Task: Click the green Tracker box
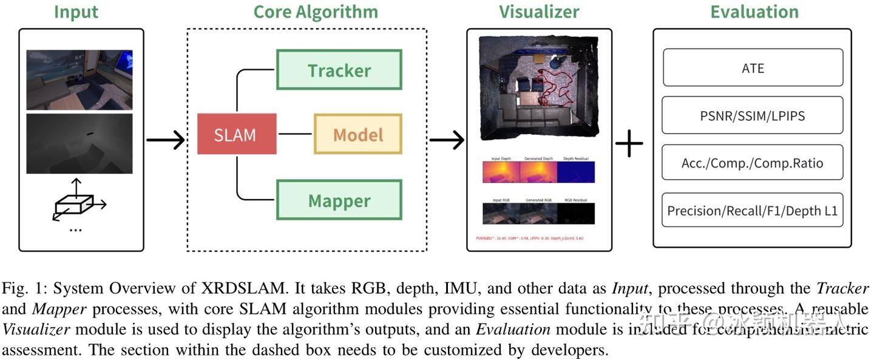pyautogui.click(x=339, y=70)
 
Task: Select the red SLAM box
pyautogui.click(x=236, y=134)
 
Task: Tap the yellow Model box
pyautogui.click(x=357, y=134)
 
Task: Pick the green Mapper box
pyautogui.click(x=339, y=200)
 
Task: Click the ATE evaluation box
pyautogui.click(x=752, y=68)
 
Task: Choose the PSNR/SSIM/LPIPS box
pyautogui.click(x=752, y=115)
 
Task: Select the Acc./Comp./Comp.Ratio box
pyautogui.click(x=752, y=163)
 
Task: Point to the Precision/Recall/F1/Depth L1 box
pyautogui.click(x=752, y=210)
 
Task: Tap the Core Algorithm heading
pyautogui.click(x=315, y=12)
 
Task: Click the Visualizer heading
pyautogui.click(x=539, y=12)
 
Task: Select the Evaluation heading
pyautogui.click(x=754, y=12)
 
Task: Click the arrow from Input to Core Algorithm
pyautogui.click(x=165, y=140)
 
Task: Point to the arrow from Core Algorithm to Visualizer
pyautogui.click(x=446, y=140)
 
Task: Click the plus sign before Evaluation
pyautogui.click(x=629, y=144)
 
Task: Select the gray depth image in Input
pyautogui.click(x=79, y=143)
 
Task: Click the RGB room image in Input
pyautogui.click(x=79, y=80)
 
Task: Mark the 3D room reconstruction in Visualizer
pyautogui.click(x=538, y=85)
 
